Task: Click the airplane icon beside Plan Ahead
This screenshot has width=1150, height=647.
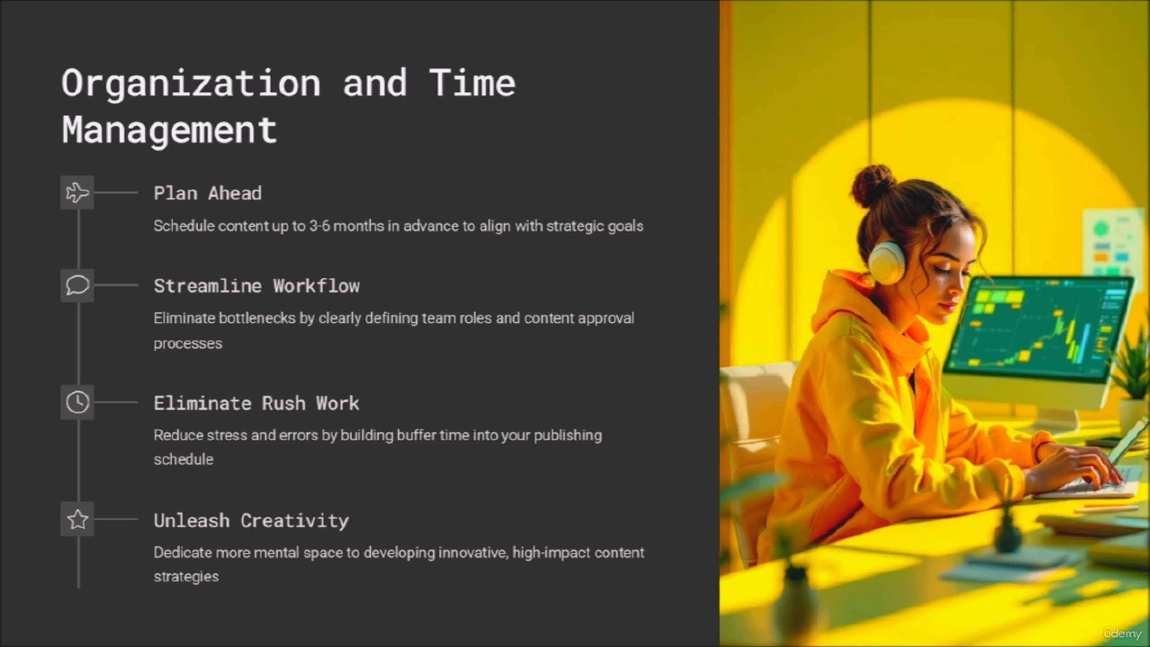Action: [x=77, y=193]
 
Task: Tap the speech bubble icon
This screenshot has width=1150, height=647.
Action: [x=77, y=285]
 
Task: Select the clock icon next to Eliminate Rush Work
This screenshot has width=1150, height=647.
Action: [x=77, y=402]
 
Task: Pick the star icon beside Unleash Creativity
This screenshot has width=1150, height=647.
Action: [x=77, y=519]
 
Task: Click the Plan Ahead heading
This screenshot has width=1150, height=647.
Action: [x=208, y=193]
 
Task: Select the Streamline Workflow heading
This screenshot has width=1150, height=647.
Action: [x=257, y=286]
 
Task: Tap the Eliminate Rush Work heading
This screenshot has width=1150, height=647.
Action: [x=257, y=403]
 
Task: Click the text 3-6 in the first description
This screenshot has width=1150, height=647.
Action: [x=319, y=226]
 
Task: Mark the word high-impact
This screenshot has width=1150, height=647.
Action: [x=551, y=553]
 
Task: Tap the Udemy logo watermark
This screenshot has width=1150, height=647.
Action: [x=1122, y=633]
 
